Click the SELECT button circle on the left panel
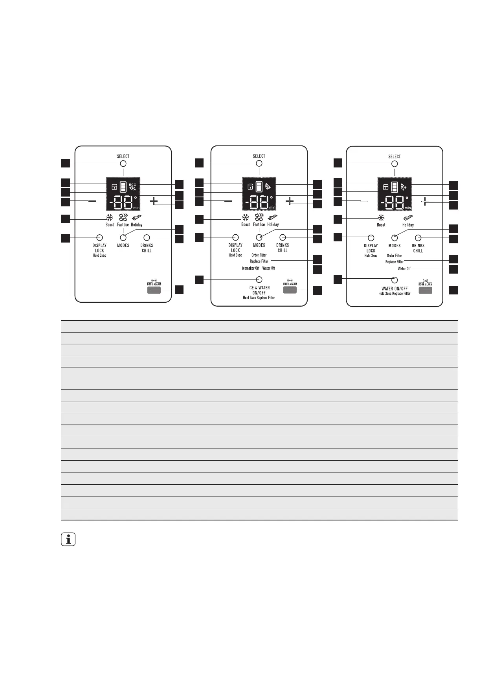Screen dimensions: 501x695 123,164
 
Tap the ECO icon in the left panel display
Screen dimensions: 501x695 133,186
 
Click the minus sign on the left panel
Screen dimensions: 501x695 92,201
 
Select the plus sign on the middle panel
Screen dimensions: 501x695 290,201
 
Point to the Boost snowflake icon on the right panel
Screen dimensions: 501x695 381,218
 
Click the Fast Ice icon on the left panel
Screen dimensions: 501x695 123,217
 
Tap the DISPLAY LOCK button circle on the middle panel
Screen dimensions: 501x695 235,237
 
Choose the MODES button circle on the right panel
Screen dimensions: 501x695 395,238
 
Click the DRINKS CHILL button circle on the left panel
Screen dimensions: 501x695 147,237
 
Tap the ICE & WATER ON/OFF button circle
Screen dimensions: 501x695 259,279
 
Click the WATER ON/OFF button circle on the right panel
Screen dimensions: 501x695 395,280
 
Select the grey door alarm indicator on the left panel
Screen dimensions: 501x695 154,290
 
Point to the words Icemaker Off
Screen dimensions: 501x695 251,268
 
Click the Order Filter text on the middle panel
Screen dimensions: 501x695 259,255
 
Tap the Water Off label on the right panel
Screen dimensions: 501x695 404,269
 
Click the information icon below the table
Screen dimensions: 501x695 68,540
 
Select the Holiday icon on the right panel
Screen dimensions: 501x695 408,218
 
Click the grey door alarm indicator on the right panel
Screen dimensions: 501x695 425,291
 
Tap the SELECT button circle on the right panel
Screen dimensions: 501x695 395,164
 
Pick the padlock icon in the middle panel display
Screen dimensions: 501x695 250,187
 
